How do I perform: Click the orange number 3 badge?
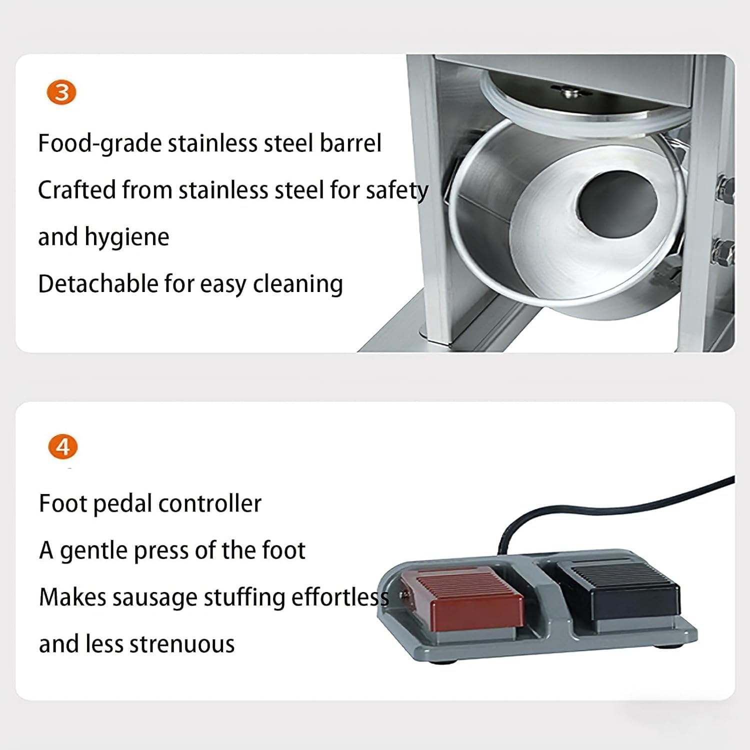click(61, 93)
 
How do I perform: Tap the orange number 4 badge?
click(63, 446)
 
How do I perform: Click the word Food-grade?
click(99, 144)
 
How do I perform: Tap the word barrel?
click(350, 143)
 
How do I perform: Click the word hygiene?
click(127, 237)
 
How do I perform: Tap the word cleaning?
click(298, 284)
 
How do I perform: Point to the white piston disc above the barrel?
click(580, 107)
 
